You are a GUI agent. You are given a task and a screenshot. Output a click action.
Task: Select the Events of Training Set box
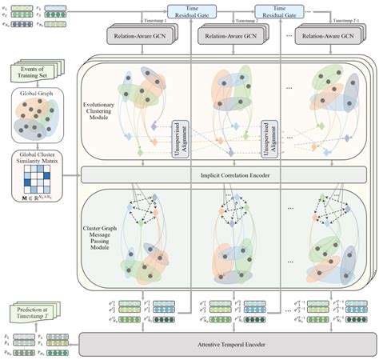34,74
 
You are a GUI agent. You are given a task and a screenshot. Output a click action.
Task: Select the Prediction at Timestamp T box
32,312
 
